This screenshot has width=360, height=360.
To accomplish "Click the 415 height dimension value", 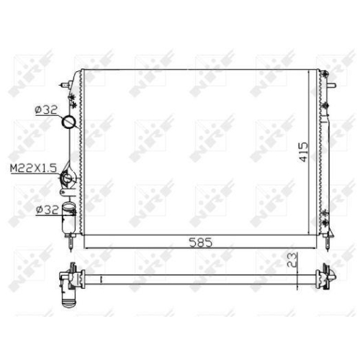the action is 303,152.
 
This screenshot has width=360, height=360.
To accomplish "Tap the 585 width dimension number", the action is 201,243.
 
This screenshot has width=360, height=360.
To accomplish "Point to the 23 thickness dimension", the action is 292,261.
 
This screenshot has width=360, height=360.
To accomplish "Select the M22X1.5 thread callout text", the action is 33,168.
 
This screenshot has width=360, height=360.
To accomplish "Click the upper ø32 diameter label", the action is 46,110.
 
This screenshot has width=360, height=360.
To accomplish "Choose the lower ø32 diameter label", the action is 47,210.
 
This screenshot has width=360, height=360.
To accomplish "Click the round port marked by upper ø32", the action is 69,122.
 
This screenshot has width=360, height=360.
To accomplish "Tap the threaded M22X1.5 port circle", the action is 67,178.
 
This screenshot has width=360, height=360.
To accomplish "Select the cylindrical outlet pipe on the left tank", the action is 68,217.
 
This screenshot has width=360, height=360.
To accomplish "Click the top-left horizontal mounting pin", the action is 64,85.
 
